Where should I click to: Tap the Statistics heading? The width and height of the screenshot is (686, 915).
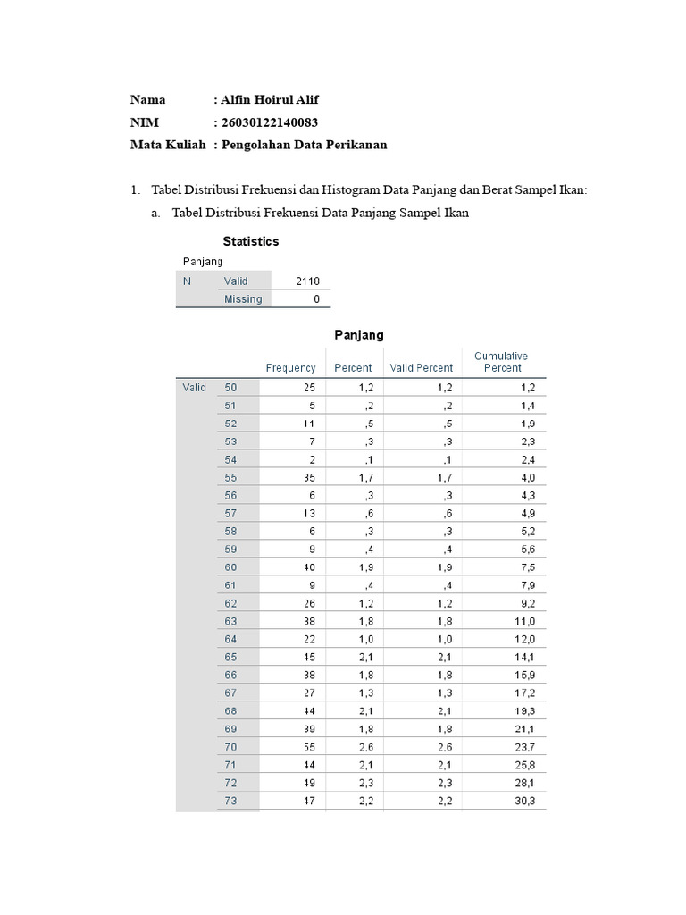pos(250,241)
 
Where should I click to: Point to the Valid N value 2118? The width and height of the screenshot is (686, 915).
pos(307,281)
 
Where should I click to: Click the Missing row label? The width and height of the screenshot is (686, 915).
pos(243,299)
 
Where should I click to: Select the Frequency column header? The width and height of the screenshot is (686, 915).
pos(290,368)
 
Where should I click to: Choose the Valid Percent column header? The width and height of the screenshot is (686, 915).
pos(422,368)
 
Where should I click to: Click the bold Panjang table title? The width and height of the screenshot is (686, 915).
pos(358,335)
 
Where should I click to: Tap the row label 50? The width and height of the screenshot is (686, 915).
pos(231,388)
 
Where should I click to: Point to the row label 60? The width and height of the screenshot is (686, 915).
pos(231,567)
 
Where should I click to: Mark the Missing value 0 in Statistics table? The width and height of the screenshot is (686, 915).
pos(316,299)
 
